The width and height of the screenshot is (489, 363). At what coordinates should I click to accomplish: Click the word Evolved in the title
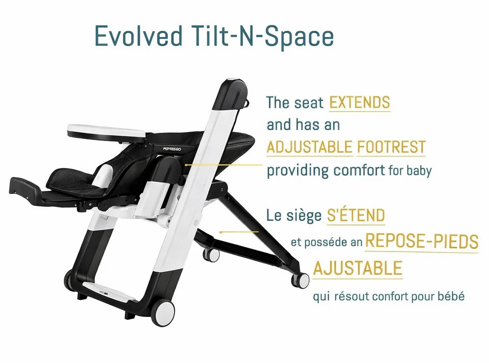138,36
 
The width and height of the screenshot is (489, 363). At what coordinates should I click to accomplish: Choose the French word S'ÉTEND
356,215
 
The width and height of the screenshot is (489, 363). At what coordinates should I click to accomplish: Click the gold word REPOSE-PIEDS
422,241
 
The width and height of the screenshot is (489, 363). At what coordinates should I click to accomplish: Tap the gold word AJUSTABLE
358,268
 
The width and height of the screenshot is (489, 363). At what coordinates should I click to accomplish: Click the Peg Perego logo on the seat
172,149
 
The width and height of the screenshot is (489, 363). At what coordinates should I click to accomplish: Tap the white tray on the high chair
106,131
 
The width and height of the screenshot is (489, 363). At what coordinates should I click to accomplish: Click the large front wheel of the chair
163,313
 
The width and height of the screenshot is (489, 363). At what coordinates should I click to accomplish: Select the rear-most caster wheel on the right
300,280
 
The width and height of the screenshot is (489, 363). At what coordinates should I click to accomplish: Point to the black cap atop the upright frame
234,94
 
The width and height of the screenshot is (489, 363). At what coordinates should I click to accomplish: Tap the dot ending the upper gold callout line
186,165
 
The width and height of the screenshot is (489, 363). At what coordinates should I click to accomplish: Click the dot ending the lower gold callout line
221,232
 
